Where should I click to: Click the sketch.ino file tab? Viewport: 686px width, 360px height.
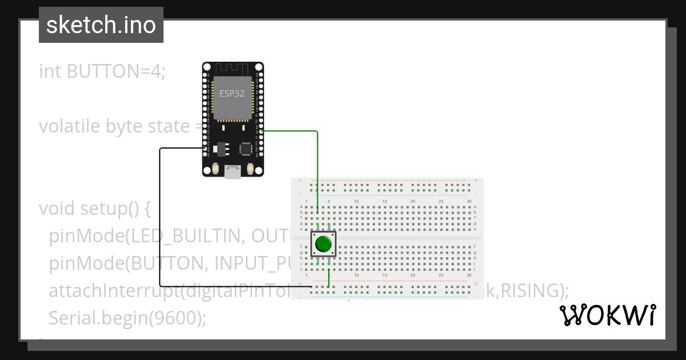pos(101,25)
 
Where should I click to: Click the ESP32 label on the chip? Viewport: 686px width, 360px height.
pos(232,94)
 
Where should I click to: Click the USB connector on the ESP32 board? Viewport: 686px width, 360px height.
pos(233,171)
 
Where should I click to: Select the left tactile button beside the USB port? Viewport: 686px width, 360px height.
pos(216,169)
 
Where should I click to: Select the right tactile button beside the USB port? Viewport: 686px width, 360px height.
pos(250,169)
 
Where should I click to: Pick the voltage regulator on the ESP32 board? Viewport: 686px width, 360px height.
pos(219,149)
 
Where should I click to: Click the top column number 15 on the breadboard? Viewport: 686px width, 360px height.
pos(385,202)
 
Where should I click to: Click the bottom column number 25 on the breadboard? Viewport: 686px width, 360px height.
pos(441,275)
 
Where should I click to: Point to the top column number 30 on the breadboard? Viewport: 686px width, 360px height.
pos(469,202)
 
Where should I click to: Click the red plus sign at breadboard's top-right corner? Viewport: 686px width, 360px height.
pos(476,181)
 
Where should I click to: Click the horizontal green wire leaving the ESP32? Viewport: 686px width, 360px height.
pos(289,131)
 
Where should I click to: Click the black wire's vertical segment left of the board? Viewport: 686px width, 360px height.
pos(159,217)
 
